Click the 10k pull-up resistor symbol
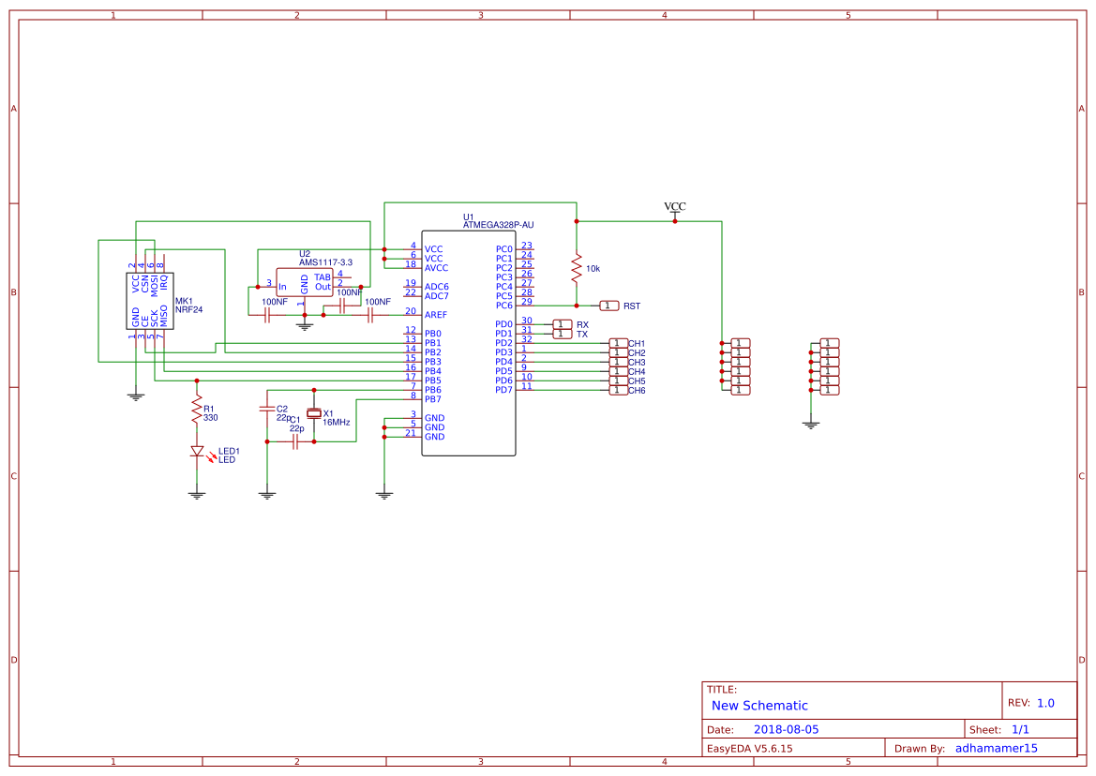point(577,268)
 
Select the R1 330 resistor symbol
point(197,409)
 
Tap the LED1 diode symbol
point(197,451)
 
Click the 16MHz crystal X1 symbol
point(314,413)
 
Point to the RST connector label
point(632,306)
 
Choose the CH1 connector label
point(637,343)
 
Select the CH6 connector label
point(637,390)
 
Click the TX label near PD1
point(582,334)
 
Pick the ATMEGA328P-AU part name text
point(498,225)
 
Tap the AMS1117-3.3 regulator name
point(325,262)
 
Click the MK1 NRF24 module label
point(188,306)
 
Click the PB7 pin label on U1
point(433,399)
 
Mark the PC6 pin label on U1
point(504,306)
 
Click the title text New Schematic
point(759,706)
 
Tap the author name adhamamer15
point(996,748)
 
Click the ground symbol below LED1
point(197,493)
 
